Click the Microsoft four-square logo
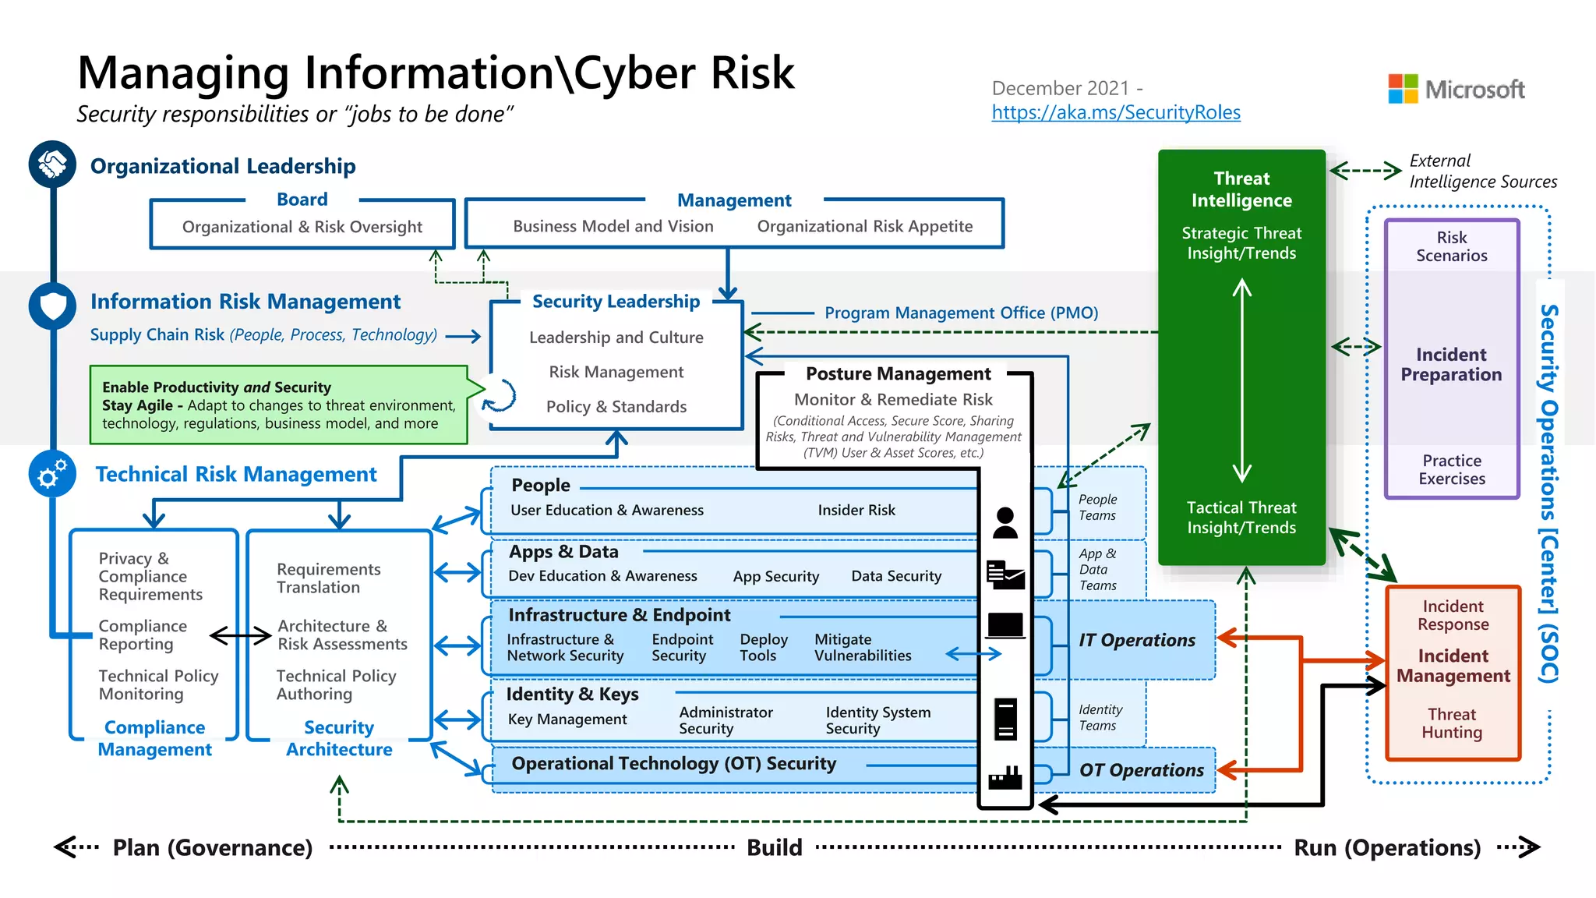[x=1403, y=89]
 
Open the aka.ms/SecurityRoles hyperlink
[x=1115, y=112]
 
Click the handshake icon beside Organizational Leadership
[x=52, y=164]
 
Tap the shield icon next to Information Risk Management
[x=52, y=306]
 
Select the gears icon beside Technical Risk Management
[x=52, y=473]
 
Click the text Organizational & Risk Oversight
[x=302, y=227]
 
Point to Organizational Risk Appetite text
[x=864, y=226]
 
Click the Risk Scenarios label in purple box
[x=1451, y=246]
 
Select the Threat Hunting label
[x=1451, y=723]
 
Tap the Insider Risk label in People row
[x=856, y=510]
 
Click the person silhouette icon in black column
[x=1005, y=522]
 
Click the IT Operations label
[x=1136, y=640]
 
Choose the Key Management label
[x=567, y=719]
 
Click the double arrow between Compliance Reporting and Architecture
[x=241, y=636]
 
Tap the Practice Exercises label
[x=1451, y=469]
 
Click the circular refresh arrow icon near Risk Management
[x=499, y=394]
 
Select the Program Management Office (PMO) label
[x=961, y=313]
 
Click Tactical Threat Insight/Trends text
[x=1241, y=518]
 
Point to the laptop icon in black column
[x=1005, y=626]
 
